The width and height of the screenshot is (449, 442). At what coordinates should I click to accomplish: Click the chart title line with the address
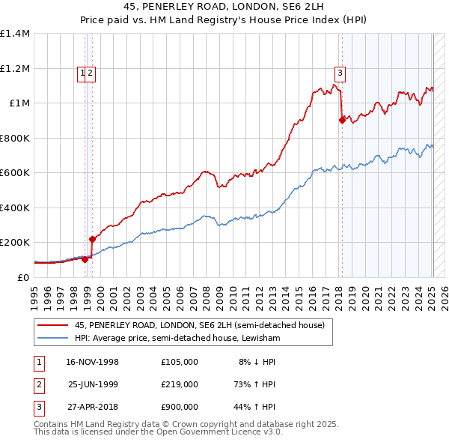[224, 7]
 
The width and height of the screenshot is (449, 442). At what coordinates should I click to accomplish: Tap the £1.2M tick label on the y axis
[15, 68]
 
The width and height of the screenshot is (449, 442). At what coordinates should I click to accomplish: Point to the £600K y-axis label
[15, 173]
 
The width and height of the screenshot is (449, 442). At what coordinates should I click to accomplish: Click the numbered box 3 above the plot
[340, 73]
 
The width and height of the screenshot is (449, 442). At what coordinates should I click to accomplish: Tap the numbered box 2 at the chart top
[90, 73]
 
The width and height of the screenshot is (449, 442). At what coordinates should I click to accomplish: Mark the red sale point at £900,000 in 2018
[341, 120]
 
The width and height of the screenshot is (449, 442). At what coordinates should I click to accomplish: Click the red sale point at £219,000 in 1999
[92, 239]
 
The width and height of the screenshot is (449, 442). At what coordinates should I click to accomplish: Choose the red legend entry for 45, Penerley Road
[199, 325]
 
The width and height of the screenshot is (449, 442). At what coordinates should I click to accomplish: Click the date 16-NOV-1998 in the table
[93, 362]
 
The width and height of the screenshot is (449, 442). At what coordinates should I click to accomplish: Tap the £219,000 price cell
[180, 384]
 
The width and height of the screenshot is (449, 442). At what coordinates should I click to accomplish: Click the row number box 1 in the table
[37, 362]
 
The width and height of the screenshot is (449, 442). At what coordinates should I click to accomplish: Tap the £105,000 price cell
[180, 362]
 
